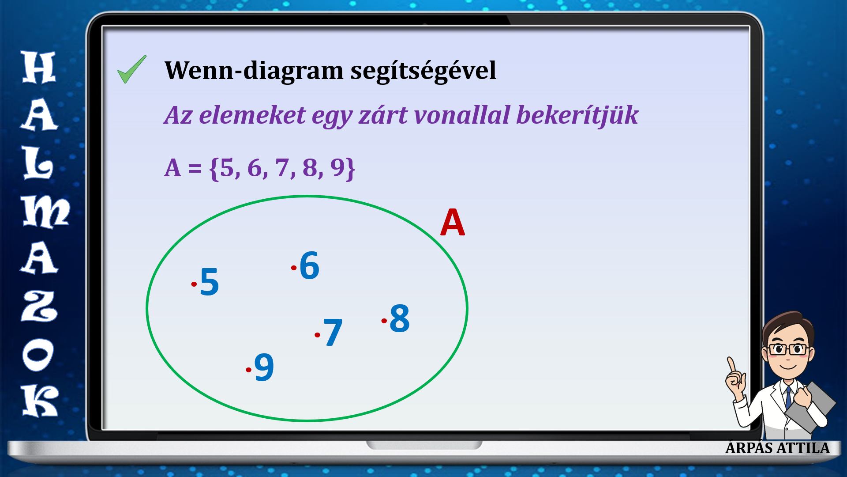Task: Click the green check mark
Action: tap(131, 70)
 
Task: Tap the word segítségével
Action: tap(423, 71)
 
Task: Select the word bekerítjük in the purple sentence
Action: tap(577, 115)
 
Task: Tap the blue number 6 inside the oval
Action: tap(309, 265)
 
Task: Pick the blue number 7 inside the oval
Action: tap(333, 332)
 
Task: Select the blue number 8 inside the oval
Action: tap(400, 318)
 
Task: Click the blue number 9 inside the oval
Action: tap(264, 367)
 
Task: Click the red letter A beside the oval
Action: tap(453, 223)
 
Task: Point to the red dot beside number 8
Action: tap(384, 321)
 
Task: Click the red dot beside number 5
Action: tap(194, 284)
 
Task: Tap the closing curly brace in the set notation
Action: tap(350, 169)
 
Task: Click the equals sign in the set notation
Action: tap(195, 169)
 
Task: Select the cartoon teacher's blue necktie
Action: tap(788, 398)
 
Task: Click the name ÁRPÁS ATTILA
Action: tap(777, 448)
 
